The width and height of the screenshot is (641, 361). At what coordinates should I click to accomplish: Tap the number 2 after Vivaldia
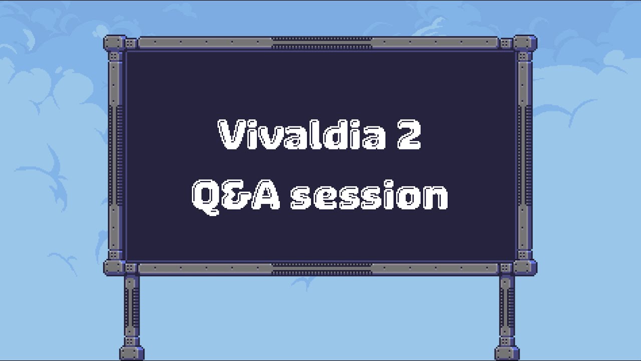point(409,135)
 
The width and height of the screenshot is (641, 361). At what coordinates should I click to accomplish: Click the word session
point(369,195)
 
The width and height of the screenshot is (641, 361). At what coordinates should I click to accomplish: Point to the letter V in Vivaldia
point(231,135)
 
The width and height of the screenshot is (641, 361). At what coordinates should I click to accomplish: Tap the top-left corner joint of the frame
point(115,44)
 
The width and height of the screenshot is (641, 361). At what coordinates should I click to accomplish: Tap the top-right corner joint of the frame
point(525,44)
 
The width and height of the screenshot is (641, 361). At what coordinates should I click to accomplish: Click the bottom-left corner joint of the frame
point(115,268)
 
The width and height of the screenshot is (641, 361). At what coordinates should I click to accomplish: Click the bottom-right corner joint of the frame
point(525,268)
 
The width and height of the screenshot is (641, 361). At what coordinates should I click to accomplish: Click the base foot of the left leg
point(132,353)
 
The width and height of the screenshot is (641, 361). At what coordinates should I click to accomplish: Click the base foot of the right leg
point(507,353)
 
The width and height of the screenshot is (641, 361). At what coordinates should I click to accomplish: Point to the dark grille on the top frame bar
point(322,43)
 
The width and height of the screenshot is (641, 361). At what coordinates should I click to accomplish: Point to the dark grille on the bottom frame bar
point(322,269)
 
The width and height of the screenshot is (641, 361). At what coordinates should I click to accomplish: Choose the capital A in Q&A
point(265,195)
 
